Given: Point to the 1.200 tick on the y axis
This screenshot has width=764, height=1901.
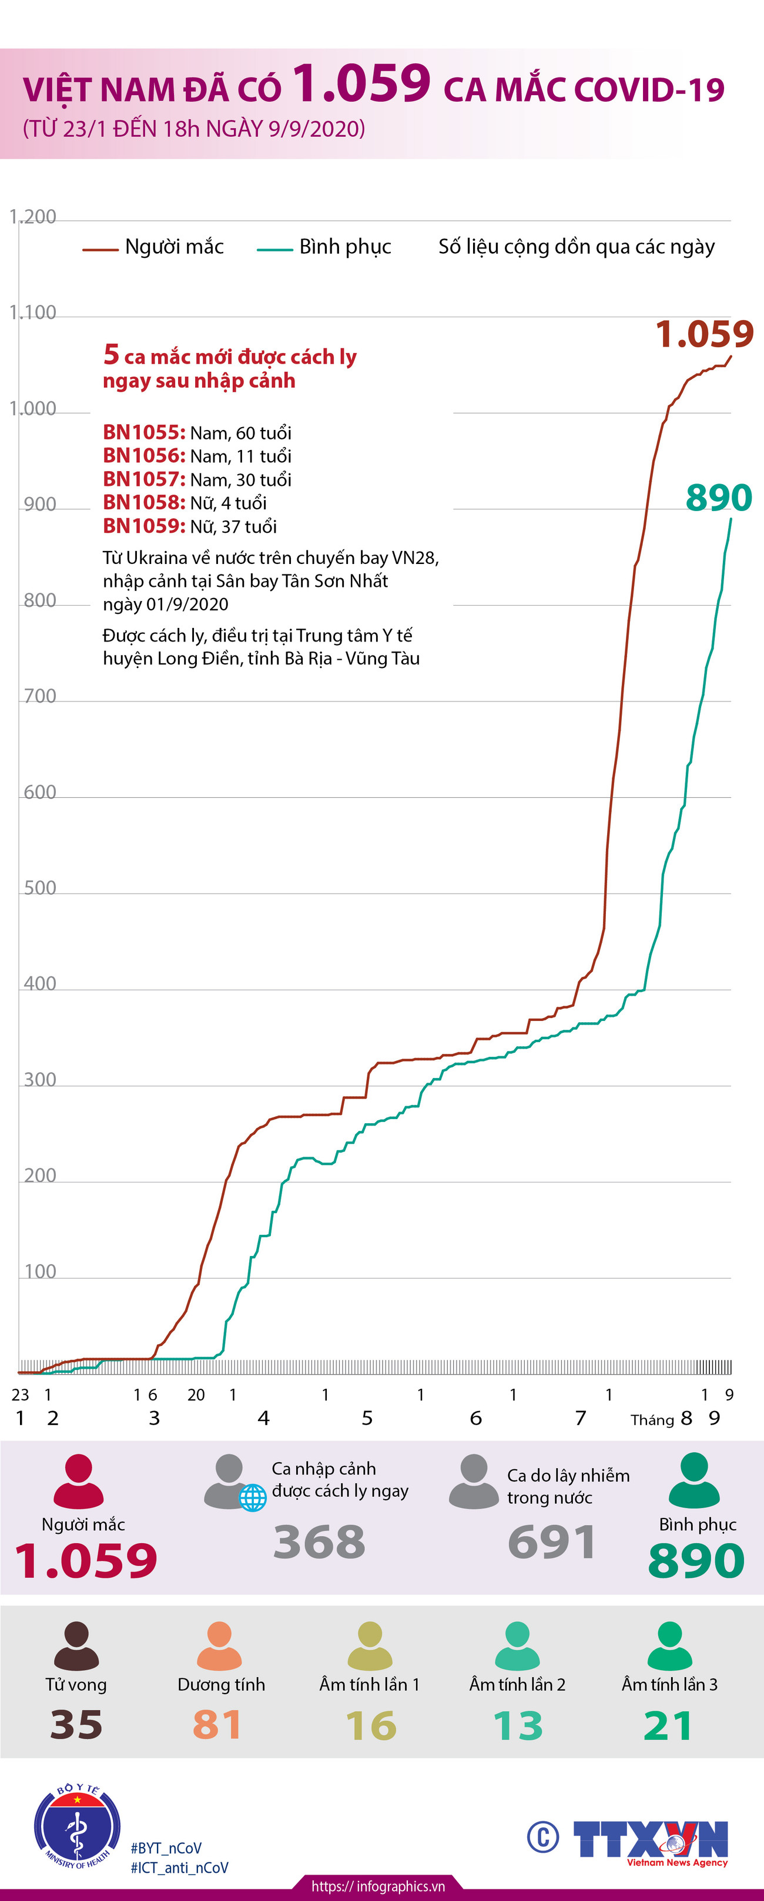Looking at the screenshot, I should [32, 217].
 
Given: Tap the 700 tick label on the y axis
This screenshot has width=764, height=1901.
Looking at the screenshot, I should [40, 696].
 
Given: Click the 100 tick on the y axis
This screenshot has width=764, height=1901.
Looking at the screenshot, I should [40, 1271].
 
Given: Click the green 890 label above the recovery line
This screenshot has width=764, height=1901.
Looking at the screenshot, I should [718, 498].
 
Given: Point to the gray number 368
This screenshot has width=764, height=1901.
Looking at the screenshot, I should [319, 1541].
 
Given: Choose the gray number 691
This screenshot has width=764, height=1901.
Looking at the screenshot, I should [551, 1541].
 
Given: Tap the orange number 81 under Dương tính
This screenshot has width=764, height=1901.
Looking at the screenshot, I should [217, 1725].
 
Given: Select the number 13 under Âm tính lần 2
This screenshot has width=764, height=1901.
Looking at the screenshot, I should [517, 1725].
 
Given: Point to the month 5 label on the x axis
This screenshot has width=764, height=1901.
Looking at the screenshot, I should [367, 1418].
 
